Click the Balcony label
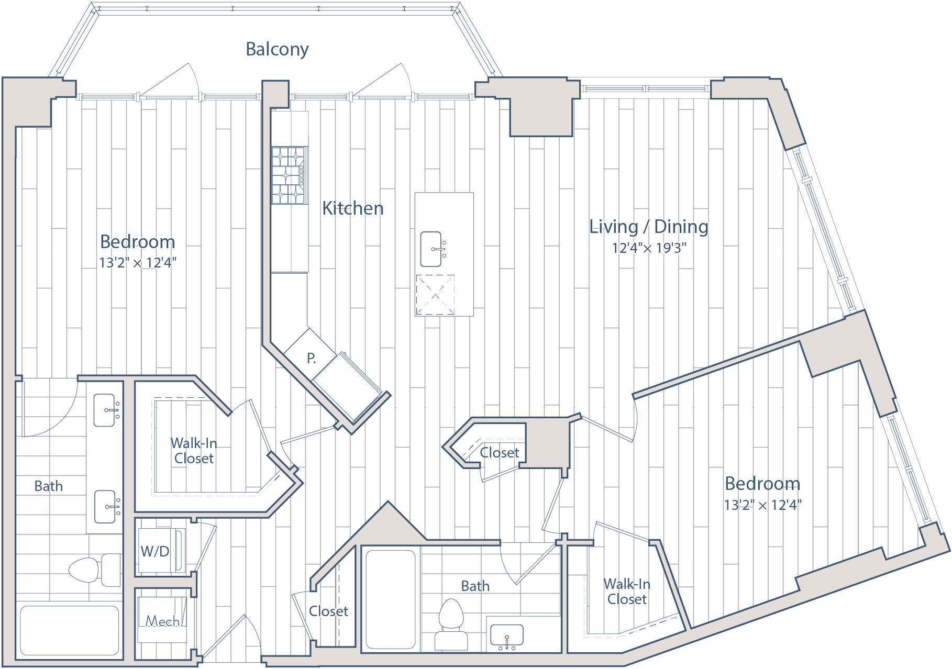tap(277, 49)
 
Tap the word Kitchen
tap(352, 208)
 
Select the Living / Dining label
tap(649, 227)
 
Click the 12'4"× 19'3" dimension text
tap(649, 248)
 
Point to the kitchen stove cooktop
tap(289, 175)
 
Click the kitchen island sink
tap(431, 249)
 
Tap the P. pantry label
tap(311, 359)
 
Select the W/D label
tap(155, 551)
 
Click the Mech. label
tap(163, 621)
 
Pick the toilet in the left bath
tap(95, 570)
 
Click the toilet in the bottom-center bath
tap(451, 625)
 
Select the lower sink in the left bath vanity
tap(105, 507)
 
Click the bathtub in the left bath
tap(70, 631)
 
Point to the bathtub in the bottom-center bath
tap(391, 599)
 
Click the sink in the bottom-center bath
tap(506, 635)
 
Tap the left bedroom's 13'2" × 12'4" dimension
tap(138, 262)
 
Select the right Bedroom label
tap(762, 484)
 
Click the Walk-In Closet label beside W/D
tap(194, 451)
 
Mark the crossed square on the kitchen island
tap(435, 295)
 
